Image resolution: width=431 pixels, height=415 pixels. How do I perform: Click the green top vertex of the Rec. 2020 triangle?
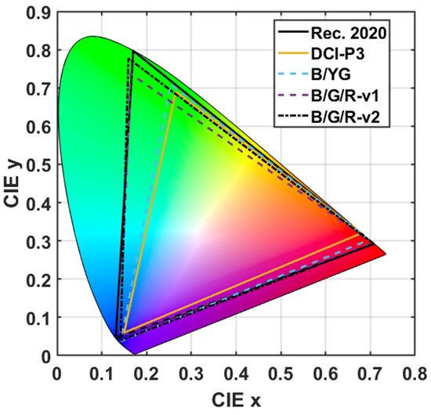click(x=132, y=52)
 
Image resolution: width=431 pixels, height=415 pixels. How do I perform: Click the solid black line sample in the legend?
click(x=292, y=31)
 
